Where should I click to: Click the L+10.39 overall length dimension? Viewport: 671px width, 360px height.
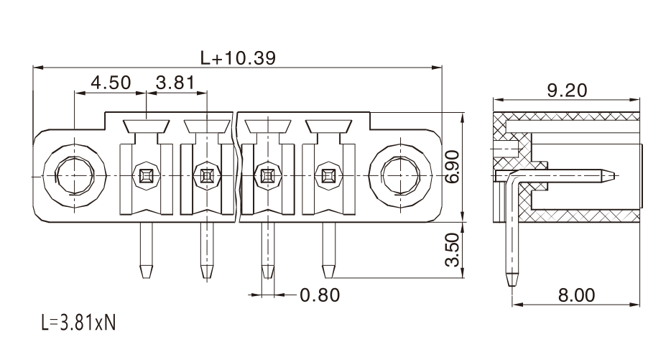pyautogui.click(x=238, y=57)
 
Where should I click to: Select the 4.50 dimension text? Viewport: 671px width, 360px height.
pyautogui.click(x=111, y=83)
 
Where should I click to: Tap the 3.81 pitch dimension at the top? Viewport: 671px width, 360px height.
pyautogui.click(x=175, y=83)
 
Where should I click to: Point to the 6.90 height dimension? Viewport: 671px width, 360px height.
pyautogui.click(x=453, y=167)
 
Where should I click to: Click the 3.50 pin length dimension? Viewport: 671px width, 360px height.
pyautogui.click(x=453, y=249)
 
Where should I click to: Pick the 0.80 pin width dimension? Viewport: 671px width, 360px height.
pyautogui.click(x=320, y=295)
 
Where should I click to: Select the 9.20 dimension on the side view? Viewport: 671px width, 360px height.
pyautogui.click(x=567, y=91)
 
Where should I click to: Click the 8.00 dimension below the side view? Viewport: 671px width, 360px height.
pyautogui.click(x=576, y=295)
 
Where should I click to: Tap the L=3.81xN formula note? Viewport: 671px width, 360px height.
pyautogui.click(x=79, y=323)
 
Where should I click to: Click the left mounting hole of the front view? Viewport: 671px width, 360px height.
pyautogui.click(x=75, y=175)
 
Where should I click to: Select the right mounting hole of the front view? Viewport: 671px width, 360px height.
pyautogui.click(x=400, y=175)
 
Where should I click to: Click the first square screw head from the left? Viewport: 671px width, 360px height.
pyautogui.click(x=147, y=175)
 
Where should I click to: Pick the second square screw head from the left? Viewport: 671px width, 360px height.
pyautogui.click(x=207, y=175)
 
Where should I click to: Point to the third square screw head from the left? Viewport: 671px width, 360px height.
pyautogui.click(x=268, y=175)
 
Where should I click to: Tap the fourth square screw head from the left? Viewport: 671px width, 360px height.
pyautogui.click(x=328, y=175)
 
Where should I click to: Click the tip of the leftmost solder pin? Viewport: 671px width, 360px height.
pyautogui.click(x=147, y=278)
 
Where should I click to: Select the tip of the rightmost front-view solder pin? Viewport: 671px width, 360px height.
pyautogui.click(x=328, y=278)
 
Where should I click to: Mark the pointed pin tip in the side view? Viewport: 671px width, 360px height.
pyautogui.click(x=614, y=175)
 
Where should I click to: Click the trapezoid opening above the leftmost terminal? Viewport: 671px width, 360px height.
pyautogui.click(x=147, y=126)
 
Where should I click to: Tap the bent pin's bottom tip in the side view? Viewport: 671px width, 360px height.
pyautogui.click(x=511, y=286)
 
